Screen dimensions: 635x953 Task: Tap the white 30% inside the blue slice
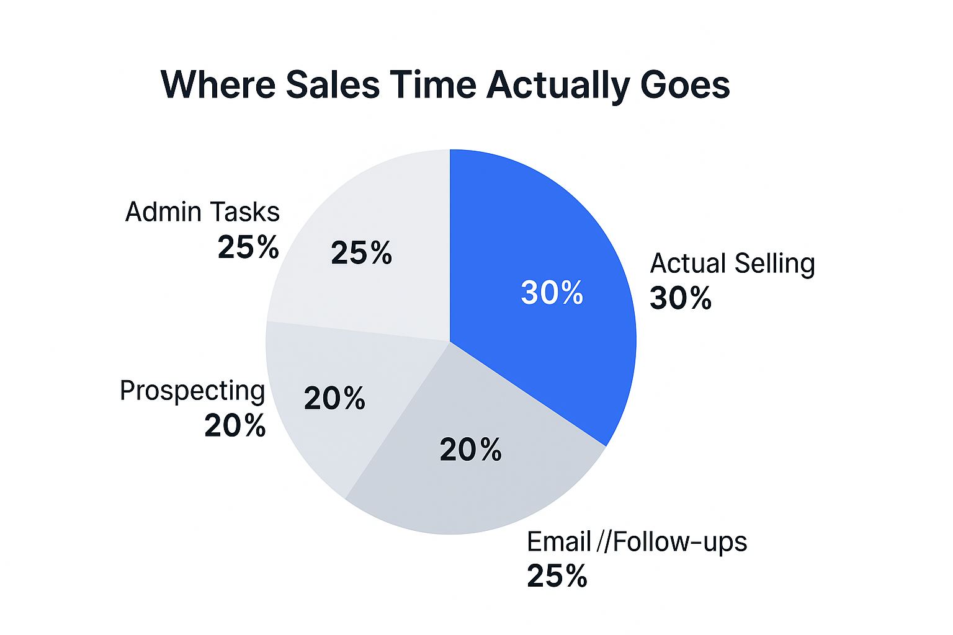tap(552, 293)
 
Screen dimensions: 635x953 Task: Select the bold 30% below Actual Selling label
tap(680, 298)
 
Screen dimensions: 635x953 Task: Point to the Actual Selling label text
tap(732, 264)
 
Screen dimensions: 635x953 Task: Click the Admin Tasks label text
tap(202, 212)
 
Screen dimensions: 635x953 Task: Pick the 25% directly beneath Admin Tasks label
tap(248, 247)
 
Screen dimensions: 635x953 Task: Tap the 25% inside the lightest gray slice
tap(361, 253)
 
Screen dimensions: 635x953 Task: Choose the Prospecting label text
tap(192, 391)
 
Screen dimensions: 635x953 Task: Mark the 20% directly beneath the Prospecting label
tap(235, 426)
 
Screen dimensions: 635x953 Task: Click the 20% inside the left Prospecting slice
tap(334, 398)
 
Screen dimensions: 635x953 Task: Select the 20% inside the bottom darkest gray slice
tap(470, 450)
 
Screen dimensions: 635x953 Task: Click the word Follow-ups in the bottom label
tap(680, 542)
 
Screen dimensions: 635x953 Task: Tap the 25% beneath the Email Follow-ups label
tap(557, 576)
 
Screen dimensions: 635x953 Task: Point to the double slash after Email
tap(604, 542)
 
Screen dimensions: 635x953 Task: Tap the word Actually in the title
tap(558, 86)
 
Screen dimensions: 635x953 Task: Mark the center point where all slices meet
tap(450, 342)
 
